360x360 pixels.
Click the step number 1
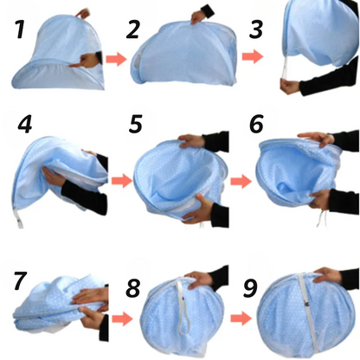(20, 29)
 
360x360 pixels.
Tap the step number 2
(133, 29)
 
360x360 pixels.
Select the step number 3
(256, 29)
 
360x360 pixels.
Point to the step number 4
(25, 125)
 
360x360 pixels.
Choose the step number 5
(135, 124)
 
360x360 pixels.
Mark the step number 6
(256, 124)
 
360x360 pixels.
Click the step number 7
(21, 280)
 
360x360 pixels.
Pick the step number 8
(133, 288)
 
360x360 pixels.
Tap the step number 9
(250, 288)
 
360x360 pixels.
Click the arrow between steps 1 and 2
(116, 59)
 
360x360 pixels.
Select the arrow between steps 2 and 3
(253, 56)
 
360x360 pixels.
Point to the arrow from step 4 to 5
(122, 181)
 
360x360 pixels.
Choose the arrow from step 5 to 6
(241, 182)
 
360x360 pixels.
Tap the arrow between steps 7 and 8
(122, 318)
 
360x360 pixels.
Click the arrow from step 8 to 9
(241, 318)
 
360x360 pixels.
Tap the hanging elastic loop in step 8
(183, 306)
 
